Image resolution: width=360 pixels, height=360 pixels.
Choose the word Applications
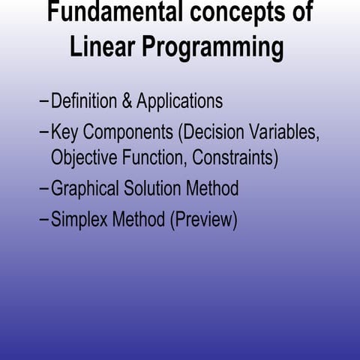(180, 102)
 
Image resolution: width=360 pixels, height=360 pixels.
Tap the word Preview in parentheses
(200, 220)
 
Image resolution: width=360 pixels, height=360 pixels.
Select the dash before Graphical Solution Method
(43, 189)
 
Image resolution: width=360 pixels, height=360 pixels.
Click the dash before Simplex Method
(43, 220)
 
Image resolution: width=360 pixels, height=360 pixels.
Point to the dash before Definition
(43, 102)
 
